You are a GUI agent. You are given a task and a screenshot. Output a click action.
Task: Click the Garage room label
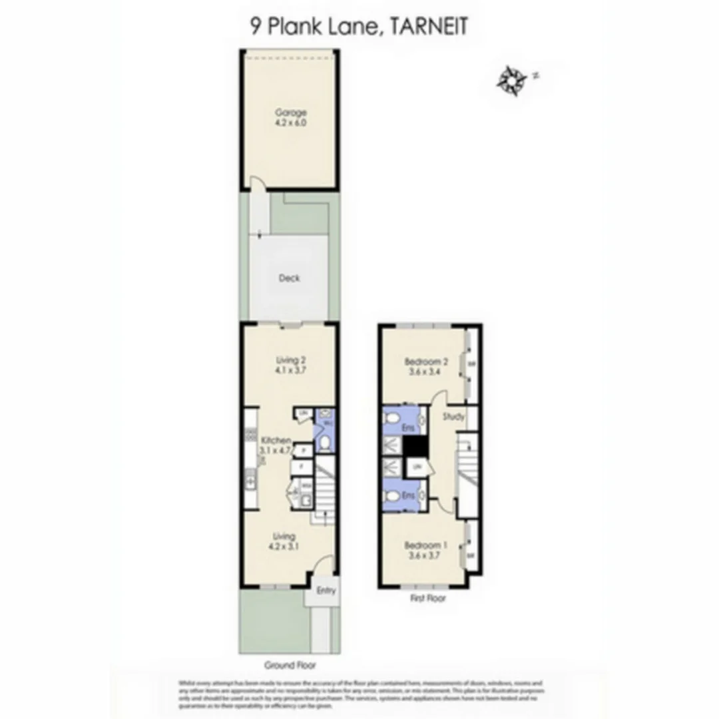[291, 113]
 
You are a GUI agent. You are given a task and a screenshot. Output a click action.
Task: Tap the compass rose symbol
[512, 79]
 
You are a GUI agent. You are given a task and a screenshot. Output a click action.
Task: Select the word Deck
[289, 278]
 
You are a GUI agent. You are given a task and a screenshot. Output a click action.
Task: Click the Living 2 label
[290, 361]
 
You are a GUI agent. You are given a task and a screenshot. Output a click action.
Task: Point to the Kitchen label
[276, 441]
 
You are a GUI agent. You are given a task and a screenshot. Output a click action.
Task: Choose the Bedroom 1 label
[425, 545]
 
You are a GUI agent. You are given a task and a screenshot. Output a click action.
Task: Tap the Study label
[453, 417]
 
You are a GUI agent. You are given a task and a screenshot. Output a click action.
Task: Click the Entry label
[326, 591]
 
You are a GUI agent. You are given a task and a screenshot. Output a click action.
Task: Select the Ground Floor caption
[290, 665]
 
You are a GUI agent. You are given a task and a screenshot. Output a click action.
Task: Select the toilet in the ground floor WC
[324, 443]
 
